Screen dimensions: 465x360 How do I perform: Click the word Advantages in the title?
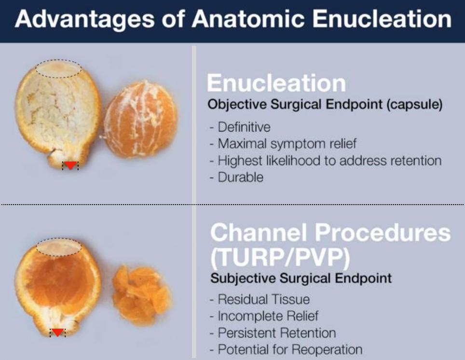(x=85, y=19)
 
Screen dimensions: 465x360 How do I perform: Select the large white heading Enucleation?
(x=276, y=83)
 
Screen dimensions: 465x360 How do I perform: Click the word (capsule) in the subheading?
(x=414, y=105)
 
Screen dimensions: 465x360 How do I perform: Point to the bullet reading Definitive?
(x=240, y=127)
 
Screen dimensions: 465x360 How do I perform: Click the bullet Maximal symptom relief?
(x=283, y=144)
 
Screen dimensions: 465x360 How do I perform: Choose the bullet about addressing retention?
(x=326, y=161)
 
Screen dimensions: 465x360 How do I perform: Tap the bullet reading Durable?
(x=236, y=177)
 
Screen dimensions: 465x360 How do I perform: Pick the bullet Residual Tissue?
(x=260, y=299)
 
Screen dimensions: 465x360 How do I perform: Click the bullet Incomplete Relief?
(x=264, y=316)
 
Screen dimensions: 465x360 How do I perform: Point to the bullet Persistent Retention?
(x=273, y=332)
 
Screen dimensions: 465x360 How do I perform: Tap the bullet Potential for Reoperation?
(x=286, y=349)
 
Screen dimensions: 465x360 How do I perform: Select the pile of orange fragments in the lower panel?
(x=142, y=295)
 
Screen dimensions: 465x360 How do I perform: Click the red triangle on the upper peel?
(x=70, y=165)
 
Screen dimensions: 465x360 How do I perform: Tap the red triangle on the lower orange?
(x=57, y=332)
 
